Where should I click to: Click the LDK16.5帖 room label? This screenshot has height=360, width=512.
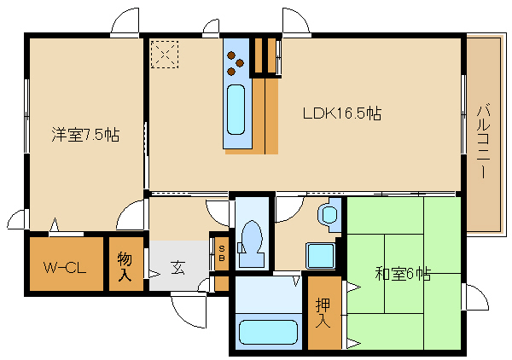(x=342, y=113)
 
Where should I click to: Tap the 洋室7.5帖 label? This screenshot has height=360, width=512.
(x=85, y=135)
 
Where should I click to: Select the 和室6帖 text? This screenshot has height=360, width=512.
(x=403, y=274)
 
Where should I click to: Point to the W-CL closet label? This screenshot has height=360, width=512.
(x=65, y=268)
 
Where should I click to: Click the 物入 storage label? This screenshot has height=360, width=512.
(x=125, y=266)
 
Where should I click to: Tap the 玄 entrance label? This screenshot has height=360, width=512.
(x=178, y=268)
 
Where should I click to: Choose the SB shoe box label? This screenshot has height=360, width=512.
(x=222, y=253)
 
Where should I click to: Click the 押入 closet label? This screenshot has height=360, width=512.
(x=323, y=313)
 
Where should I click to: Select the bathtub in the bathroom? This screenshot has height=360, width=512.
(x=268, y=332)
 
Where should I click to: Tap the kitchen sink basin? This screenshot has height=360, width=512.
(x=236, y=109)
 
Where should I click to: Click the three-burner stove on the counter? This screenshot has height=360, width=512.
(x=236, y=63)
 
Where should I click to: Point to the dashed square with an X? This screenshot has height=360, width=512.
(x=165, y=55)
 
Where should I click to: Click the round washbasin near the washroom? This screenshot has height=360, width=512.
(x=329, y=214)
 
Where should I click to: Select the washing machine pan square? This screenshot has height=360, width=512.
(x=320, y=256)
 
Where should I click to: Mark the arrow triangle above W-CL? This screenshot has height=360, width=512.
(x=55, y=224)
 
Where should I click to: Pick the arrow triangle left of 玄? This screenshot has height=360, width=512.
(x=154, y=274)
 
